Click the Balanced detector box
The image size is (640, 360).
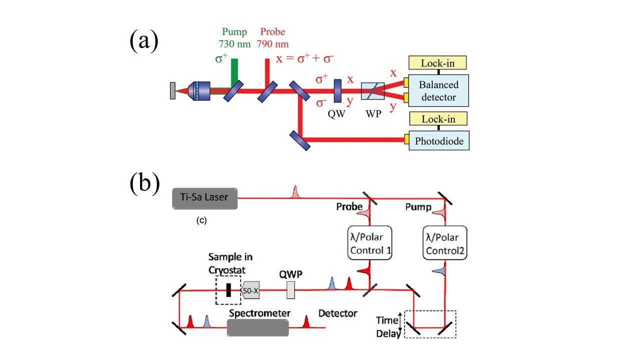(x=438, y=90)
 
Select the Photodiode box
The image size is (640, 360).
(x=438, y=141)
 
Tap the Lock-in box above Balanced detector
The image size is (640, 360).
(x=438, y=63)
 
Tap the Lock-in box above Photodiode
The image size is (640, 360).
(x=438, y=119)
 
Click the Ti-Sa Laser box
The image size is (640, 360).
(x=204, y=197)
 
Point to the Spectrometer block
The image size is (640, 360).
(x=258, y=327)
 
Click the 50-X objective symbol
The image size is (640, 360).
(x=250, y=290)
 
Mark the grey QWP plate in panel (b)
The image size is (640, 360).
(x=290, y=290)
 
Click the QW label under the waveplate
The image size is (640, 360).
(x=338, y=113)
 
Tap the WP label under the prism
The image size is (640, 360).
(x=373, y=113)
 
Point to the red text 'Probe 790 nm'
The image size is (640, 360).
(x=272, y=38)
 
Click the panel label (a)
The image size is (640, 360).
(x=144, y=40)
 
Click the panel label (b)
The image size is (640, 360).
(x=144, y=183)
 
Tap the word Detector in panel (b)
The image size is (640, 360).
(x=338, y=313)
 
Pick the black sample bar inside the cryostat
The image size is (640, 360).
(x=229, y=290)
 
